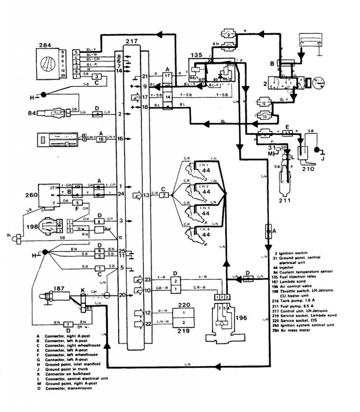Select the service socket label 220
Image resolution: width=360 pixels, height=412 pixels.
pos(183,305)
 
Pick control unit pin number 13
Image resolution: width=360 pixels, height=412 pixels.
pos(146,195)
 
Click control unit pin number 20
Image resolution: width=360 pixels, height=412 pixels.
pos(121,295)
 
